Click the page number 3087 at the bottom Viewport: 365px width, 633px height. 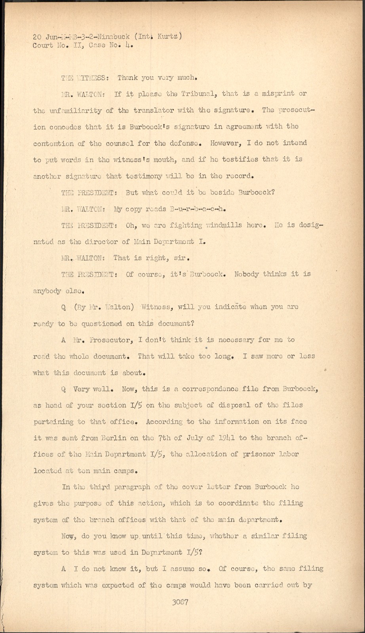180,603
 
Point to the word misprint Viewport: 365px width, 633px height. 280,93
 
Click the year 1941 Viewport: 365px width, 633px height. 228,438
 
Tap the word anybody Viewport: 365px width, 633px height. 47,291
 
